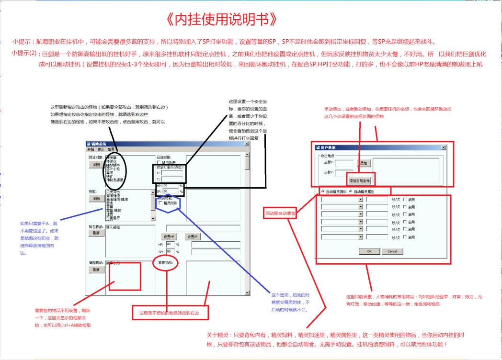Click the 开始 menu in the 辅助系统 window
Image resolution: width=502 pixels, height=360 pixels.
[91, 150]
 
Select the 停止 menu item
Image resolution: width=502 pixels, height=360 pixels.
[101, 150]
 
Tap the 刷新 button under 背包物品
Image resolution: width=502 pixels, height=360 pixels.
[96, 233]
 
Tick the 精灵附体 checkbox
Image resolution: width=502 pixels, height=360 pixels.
[160, 203]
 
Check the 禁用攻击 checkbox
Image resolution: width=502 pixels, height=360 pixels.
[160, 162]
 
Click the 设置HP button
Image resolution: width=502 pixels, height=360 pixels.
[170, 237]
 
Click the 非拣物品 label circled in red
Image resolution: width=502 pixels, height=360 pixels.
[165, 263]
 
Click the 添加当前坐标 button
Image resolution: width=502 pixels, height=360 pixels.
[360, 180]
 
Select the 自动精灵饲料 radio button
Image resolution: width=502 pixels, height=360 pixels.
[323, 191]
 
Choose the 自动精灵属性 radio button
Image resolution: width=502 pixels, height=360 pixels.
[351, 191]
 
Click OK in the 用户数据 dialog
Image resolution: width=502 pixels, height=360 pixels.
[369, 251]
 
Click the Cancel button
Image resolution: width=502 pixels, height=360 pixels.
[392, 251]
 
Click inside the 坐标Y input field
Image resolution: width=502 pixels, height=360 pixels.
[344, 172]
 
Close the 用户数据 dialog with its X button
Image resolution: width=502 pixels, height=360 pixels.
[443, 147]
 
